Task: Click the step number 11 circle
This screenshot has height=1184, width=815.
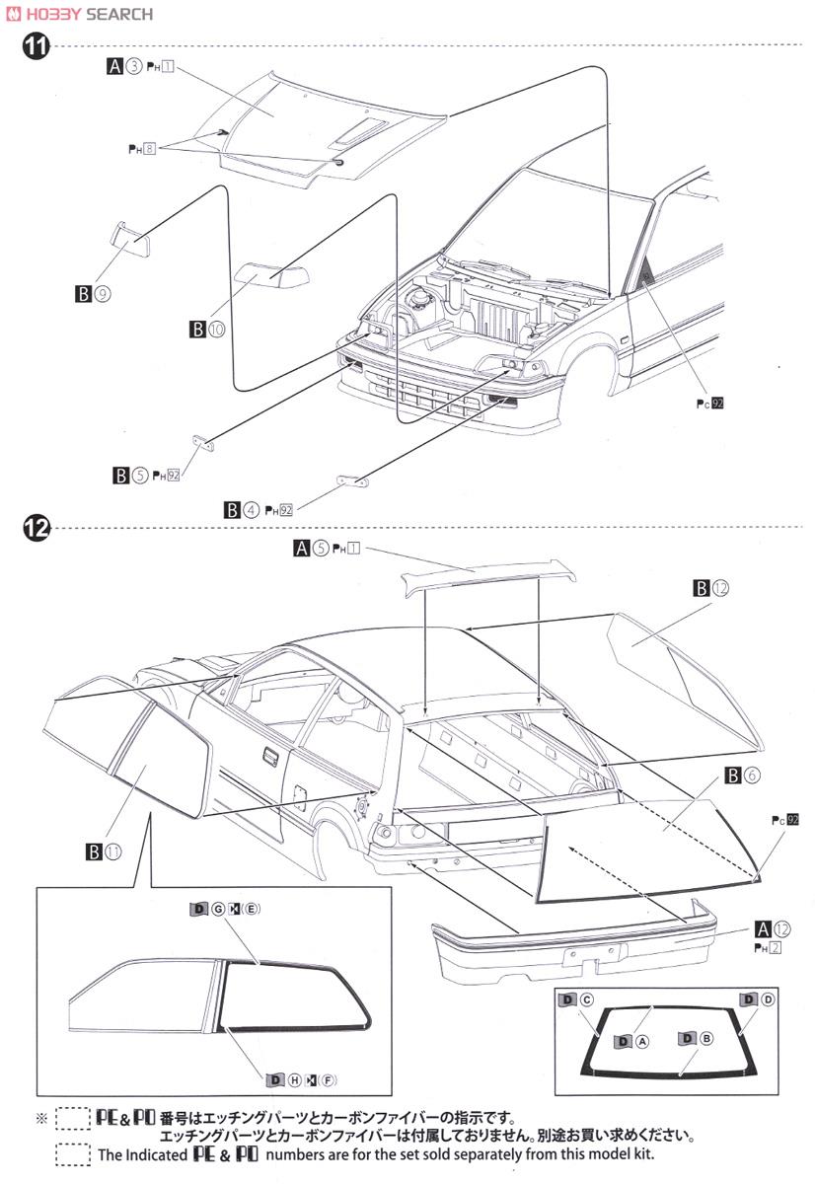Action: point(36,46)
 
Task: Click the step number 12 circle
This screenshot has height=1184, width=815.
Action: point(36,528)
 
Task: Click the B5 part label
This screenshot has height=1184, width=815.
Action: point(131,476)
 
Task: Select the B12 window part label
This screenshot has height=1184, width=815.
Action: point(710,588)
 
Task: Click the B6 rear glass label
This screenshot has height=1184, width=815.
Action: point(741,776)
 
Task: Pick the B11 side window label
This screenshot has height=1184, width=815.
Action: point(103,851)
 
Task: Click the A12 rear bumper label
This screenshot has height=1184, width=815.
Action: point(772,927)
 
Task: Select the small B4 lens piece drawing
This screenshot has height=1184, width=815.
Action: point(352,480)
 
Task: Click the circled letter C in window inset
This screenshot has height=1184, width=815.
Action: point(586,999)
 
